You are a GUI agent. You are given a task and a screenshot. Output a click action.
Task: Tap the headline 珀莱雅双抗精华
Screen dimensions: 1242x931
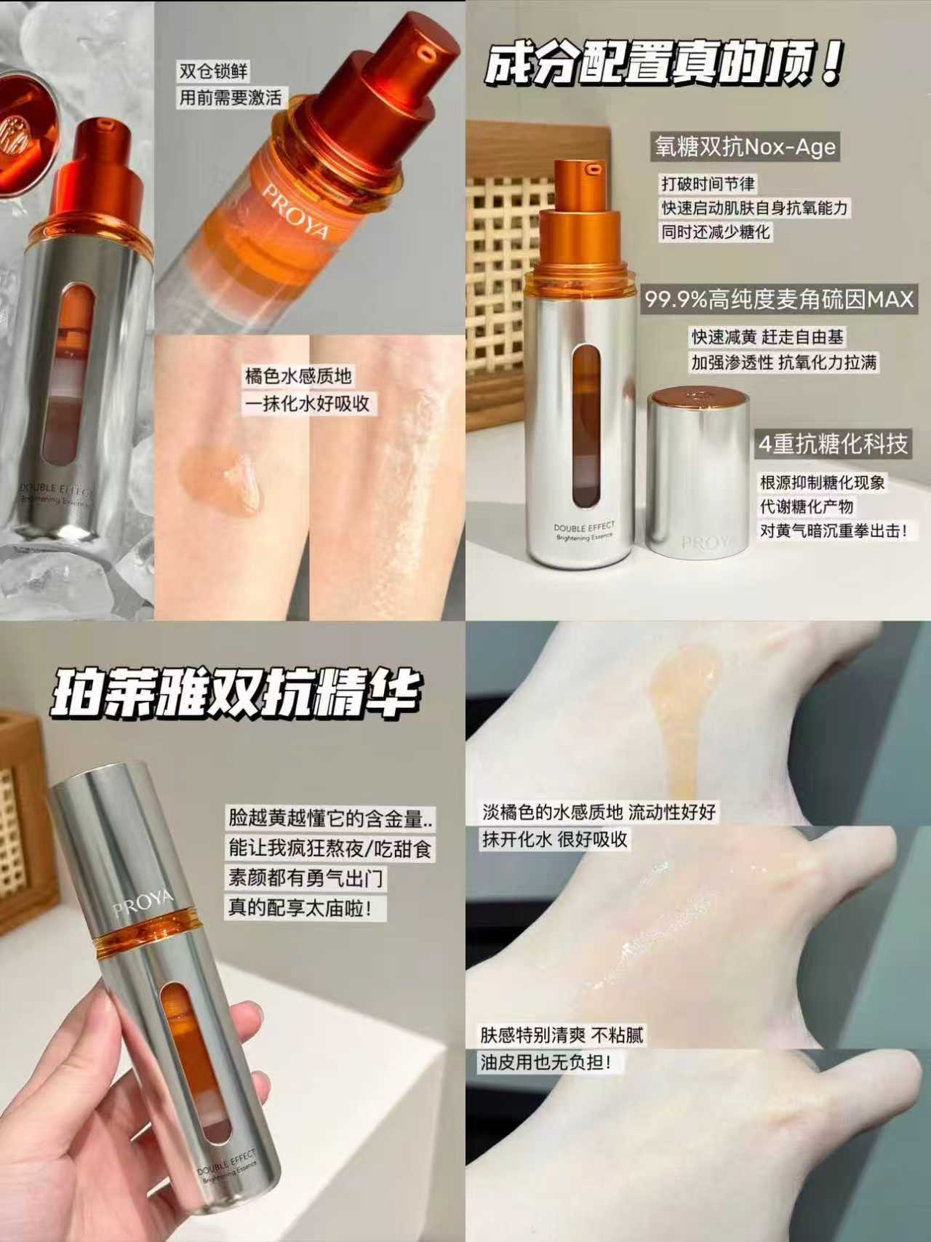click(236, 695)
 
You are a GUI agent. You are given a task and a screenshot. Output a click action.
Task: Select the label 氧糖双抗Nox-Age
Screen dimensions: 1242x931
click(744, 148)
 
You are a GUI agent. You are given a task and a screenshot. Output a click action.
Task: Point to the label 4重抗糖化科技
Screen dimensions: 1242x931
click(833, 445)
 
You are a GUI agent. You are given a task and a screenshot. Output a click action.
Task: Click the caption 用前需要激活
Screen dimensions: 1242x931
click(231, 97)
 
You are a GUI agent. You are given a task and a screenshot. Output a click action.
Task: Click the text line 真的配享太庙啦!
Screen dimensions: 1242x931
click(305, 909)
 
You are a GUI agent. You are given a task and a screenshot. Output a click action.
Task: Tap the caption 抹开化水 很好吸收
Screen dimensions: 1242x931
click(554, 839)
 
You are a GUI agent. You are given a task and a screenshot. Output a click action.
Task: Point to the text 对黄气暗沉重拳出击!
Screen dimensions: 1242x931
click(834, 530)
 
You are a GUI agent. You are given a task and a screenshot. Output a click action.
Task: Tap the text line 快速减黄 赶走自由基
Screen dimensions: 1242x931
click(767, 337)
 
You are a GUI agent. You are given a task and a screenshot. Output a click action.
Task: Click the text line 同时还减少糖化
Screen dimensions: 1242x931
click(716, 232)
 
